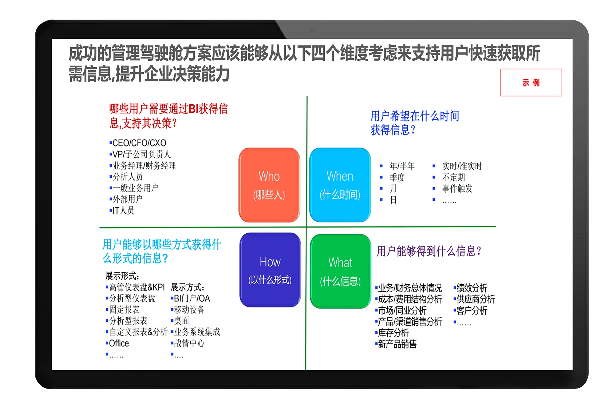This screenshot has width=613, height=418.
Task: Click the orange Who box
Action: tap(269, 185)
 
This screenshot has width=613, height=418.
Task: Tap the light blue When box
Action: tap(340, 185)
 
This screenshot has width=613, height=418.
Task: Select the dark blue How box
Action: tap(270, 270)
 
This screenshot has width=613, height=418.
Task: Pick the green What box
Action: tap(340, 271)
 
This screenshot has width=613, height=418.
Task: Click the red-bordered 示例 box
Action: tap(531, 83)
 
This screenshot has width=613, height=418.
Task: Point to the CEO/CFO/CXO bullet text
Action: tap(138, 143)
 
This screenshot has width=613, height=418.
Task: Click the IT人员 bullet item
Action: tap(122, 210)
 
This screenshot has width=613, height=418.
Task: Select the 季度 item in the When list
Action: tap(397, 177)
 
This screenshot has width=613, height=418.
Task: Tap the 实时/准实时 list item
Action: tap(462, 166)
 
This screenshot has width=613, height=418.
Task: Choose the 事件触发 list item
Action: tap(457, 188)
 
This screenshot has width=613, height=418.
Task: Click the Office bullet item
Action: tap(118, 343)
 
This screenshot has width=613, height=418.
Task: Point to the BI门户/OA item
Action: tap(191, 298)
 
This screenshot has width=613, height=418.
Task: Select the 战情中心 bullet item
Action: tap(188, 343)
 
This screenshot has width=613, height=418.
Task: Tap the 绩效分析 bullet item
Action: tap(471, 288)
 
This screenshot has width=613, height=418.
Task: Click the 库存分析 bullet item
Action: tap(392, 333)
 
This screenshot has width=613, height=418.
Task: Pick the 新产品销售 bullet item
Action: tap(396, 344)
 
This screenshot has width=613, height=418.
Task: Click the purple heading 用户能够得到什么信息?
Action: tap(429, 251)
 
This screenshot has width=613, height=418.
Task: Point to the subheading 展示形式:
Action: tap(122, 276)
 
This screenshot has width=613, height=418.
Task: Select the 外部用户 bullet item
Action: tap(126, 199)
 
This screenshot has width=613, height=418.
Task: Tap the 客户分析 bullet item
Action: tap(471, 311)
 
